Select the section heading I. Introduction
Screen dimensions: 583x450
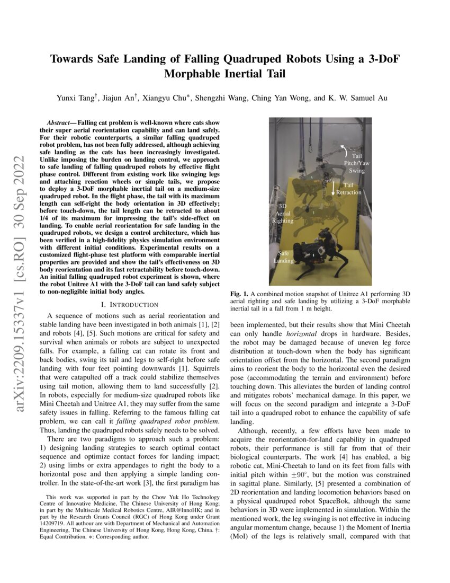tap(130, 304)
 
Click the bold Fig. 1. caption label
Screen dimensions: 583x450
tap(239, 294)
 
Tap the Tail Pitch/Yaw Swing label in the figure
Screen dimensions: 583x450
tap(356, 163)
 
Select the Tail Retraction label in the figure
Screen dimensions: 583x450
tap(349, 189)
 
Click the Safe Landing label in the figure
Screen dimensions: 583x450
tap(283, 257)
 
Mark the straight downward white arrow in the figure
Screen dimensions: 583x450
tap(333, 188)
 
